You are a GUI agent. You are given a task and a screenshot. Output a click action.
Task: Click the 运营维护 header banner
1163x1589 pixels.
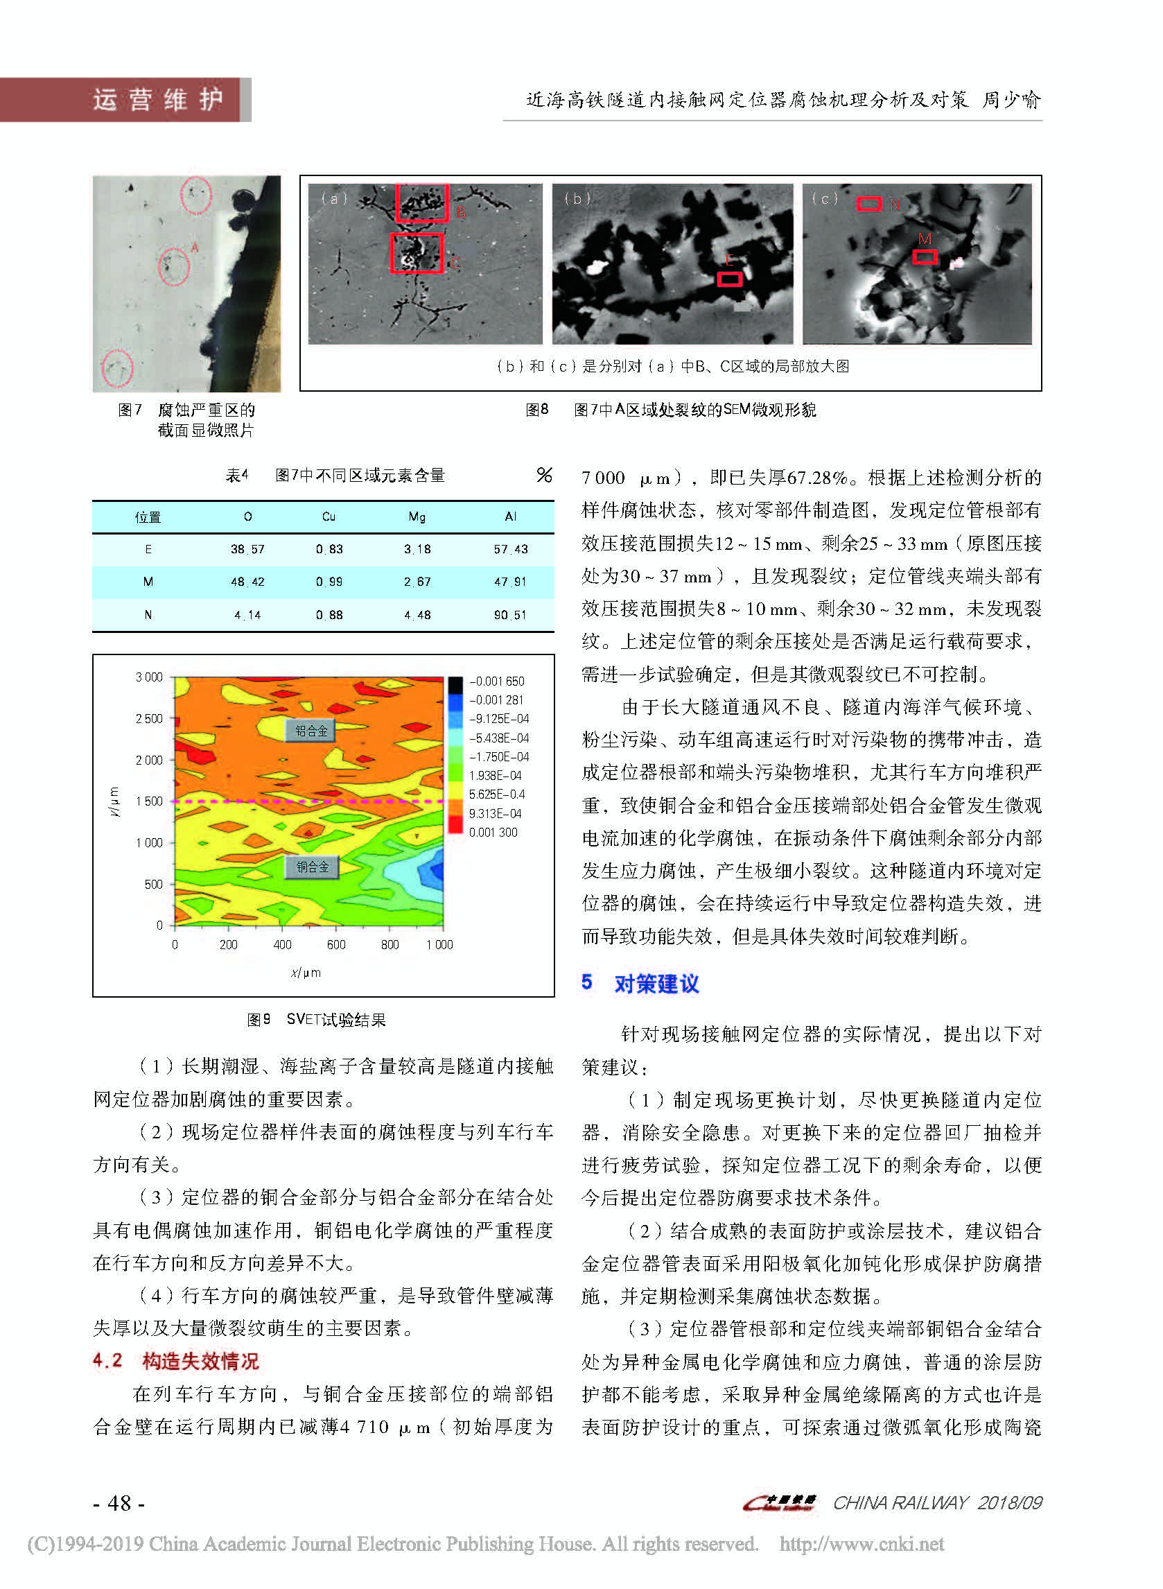[158, 99]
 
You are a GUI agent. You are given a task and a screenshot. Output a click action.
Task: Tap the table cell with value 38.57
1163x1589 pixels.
[248, 549]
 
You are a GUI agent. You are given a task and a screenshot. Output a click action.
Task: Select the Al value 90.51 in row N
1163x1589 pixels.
[509, 615]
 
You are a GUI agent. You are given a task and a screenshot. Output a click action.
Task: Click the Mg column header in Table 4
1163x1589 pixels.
[417, 516]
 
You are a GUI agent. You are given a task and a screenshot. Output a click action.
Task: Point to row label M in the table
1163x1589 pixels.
[148, 582]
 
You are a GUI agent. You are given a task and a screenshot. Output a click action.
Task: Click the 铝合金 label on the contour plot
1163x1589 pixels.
[311, 731]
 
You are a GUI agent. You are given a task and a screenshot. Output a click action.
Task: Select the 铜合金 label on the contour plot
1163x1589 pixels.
[312, 867]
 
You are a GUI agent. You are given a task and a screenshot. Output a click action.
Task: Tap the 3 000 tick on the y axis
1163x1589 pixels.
[148, 677]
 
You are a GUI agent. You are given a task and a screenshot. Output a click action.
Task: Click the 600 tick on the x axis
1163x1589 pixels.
[336, 945]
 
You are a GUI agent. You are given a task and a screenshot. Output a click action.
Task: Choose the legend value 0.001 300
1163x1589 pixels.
[493, 832]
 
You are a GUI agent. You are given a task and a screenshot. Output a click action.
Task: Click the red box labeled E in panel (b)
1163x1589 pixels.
[729, 279]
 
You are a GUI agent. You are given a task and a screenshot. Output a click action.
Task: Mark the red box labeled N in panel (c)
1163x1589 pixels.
[868, 203]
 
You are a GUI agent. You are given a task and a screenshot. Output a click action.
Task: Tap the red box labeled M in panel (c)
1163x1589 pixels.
[925, 257]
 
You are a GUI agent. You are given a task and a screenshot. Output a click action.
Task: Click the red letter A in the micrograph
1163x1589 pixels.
[195, 247]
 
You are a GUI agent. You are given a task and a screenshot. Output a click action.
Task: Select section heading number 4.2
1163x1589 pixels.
[107, 1360]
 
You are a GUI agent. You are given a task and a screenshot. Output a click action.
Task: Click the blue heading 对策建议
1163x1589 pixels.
[656, 984]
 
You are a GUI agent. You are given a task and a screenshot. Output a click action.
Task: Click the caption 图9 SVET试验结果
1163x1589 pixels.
[316, 1019]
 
